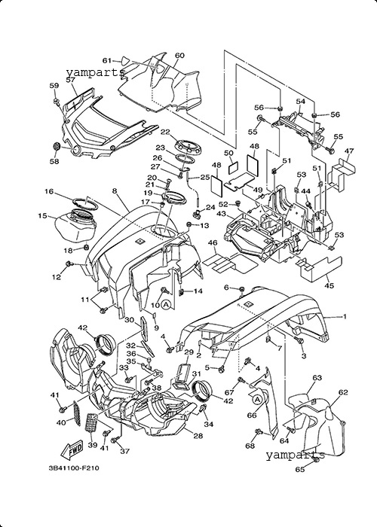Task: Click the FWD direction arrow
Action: tap(72, 449)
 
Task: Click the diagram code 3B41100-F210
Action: tap(74, 468)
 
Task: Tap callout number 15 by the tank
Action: tap(42, 215)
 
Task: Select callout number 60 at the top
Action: tap(179, 56)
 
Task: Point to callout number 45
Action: tap(329, 285)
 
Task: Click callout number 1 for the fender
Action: tap(345, 316)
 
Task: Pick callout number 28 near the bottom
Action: tap(198, 436)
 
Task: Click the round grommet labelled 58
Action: tap(57, 147)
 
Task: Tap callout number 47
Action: tap(349, 151)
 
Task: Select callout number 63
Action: tap(317, 378)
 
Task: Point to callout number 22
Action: tap(165, 132)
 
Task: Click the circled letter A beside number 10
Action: tap(166, 304)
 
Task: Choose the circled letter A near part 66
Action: tap(257, 400)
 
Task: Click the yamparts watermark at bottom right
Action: tap(296, 455)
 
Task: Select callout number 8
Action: tap(115, 191)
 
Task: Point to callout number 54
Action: tap(301, 101)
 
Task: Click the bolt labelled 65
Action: tap(316, 459)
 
